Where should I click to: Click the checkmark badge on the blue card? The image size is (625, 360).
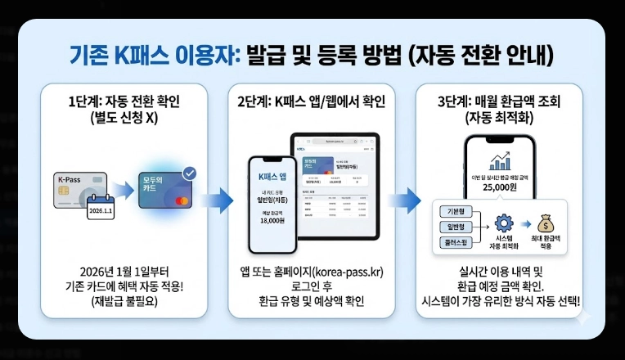pos(190,173)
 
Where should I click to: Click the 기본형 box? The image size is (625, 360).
pos(452,210)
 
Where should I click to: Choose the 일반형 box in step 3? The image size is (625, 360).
pos(452,227)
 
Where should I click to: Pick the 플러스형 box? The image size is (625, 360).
pos(452,243)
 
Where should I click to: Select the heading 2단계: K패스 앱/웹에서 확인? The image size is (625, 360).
pos(312,101)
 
